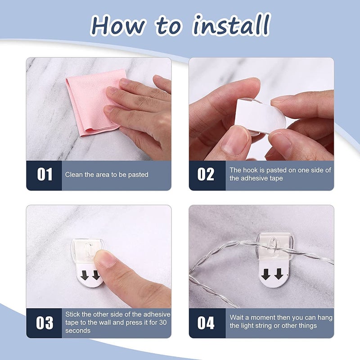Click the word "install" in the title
click(232, 24)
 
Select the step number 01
click(45, 174)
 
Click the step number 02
click(206, 174)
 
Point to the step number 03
click(45, 323)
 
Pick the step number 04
click(206, 323)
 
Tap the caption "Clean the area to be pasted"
click(107, 175)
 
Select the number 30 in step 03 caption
click(163, 322)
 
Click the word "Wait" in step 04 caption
click(237, 318)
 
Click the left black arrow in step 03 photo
click(85, 275)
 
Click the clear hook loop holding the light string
click(272, 245)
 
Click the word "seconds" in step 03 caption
click(78, 331)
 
